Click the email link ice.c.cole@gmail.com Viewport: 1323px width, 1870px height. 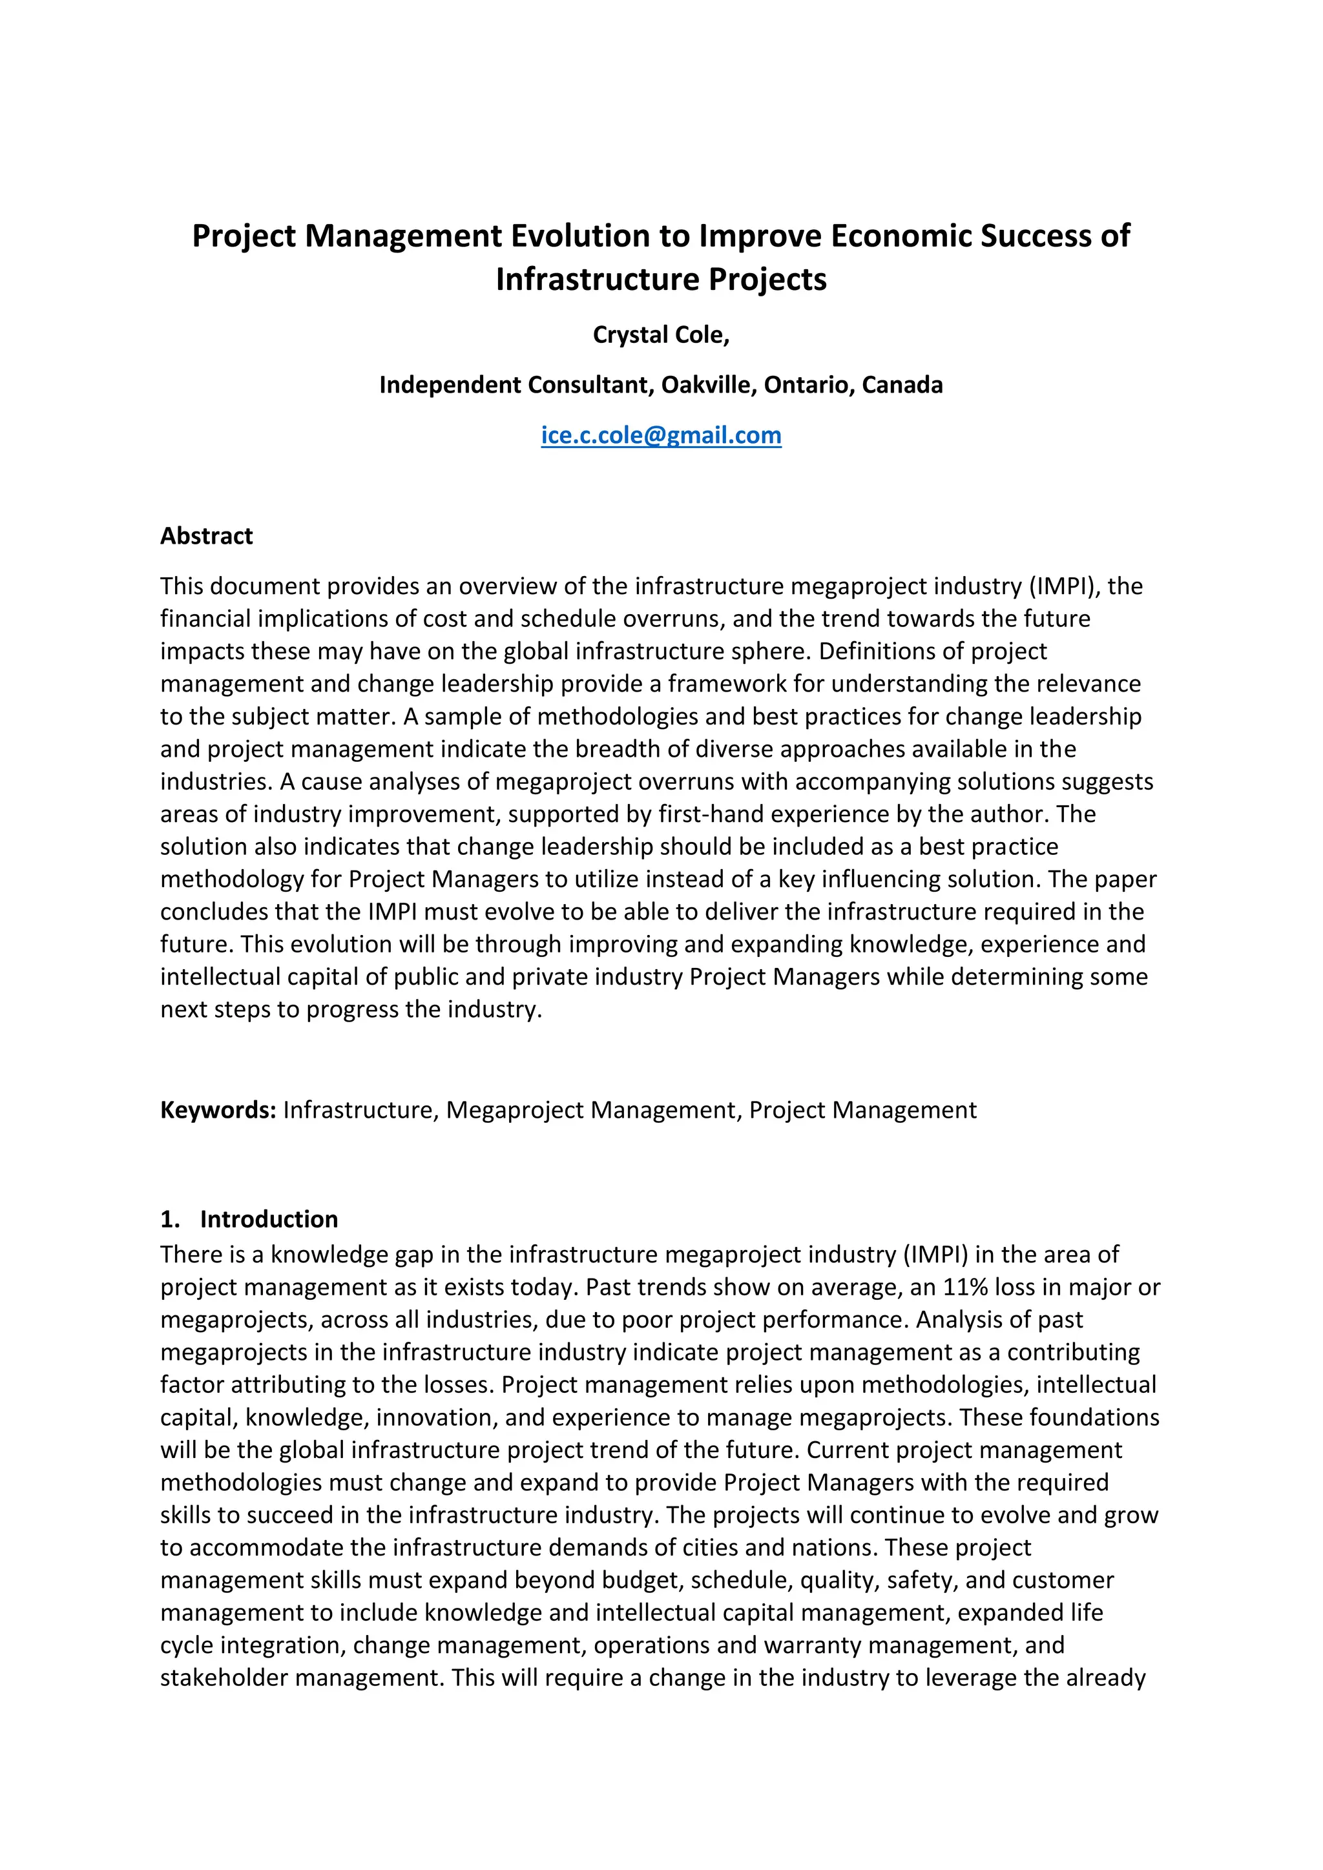(x=661, y=436)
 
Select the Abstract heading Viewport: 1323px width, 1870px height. (x=206, y=536)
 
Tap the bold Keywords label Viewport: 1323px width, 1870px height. (x=218, y=1110)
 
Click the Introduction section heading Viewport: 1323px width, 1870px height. (x=269, y=1219)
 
